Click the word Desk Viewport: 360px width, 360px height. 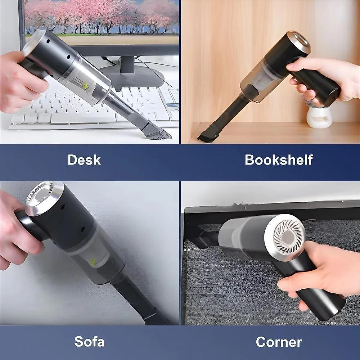coord(84,160)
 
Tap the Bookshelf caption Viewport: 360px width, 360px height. coord(279,160)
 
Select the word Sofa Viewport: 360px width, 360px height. coord(89,342)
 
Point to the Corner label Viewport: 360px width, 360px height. coord(279,342)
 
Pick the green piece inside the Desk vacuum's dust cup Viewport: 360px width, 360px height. coord(85,86)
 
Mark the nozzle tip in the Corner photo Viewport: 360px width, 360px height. coord(207,238)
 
